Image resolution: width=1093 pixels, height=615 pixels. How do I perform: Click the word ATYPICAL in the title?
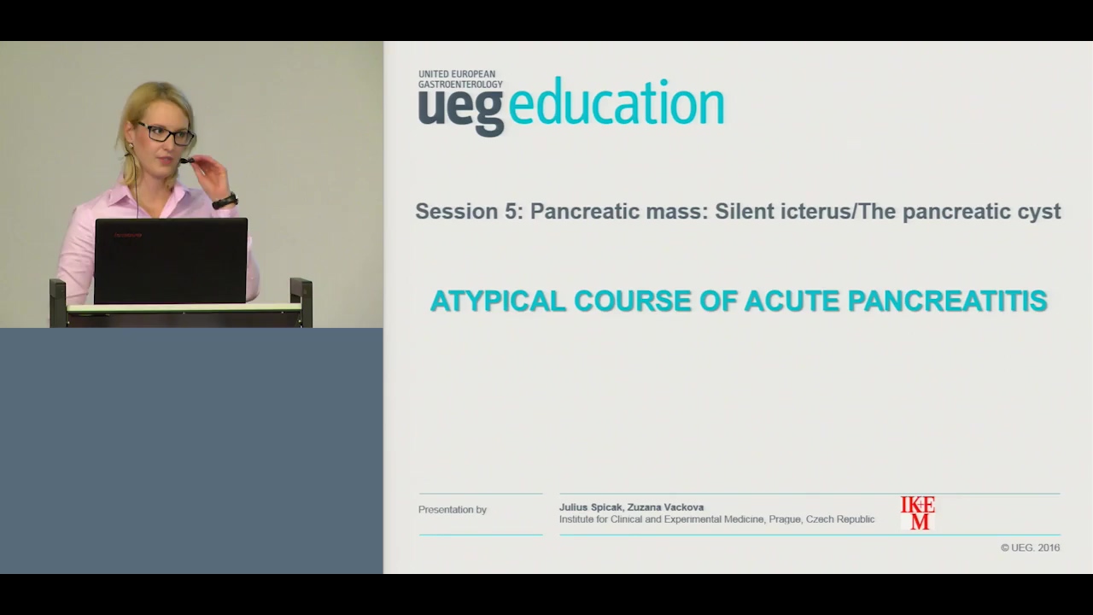[x=498, y=301]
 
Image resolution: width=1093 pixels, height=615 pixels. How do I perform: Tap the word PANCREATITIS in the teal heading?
[x=948, y=301]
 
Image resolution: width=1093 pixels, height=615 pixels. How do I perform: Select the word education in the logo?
[x=617, y=103]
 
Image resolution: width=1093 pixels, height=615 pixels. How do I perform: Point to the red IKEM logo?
[x=917, y=512]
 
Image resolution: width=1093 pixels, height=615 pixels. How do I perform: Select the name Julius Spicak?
[x=591, y=507]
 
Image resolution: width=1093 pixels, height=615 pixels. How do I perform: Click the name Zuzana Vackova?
[x=665, y=507]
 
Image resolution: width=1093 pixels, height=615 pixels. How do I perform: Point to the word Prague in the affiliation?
[x=786, y=520]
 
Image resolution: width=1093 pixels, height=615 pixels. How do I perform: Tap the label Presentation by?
[x=453, y=510]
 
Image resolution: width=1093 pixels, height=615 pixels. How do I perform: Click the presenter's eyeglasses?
[x=166, y=133]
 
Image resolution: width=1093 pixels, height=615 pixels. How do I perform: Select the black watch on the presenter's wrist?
[x=225, y=201]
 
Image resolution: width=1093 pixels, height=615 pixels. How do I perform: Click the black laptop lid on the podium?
[x=171, y=261]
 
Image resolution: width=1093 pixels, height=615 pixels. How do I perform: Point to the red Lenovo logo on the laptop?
[x=128, y=235]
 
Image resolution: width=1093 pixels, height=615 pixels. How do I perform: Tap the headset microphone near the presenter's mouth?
[x=186, y=160]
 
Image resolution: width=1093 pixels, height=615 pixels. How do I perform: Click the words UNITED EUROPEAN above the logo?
[x=457, y=74]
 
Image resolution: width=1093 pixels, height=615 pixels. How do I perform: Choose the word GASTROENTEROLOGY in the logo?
[x=460, y=85]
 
